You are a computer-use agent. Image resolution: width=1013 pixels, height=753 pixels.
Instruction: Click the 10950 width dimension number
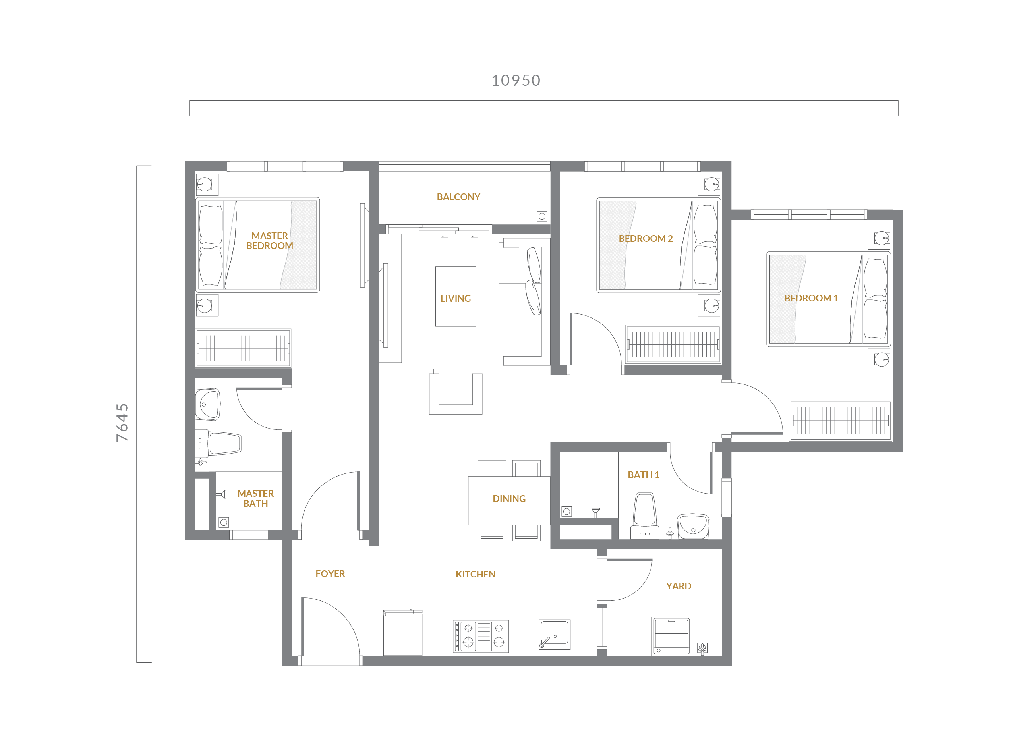[x=516, y=80]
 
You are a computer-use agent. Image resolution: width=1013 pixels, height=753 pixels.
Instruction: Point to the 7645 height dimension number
[x=122, y=422]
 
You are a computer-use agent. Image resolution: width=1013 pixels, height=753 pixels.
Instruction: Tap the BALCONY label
[x=458, y=197]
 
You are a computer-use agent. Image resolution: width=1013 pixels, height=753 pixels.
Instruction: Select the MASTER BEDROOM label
[x=269, y=241]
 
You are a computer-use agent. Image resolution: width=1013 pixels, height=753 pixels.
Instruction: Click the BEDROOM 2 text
[x=646, y=238]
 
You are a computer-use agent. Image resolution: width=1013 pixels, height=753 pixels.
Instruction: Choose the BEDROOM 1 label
[x=811, y=298]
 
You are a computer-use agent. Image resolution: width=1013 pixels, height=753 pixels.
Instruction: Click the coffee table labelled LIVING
[x=455, y=297]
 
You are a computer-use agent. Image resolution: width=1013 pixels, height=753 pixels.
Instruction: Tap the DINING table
[x=509, y=500]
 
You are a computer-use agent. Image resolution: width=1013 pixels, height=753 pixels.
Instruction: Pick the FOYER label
[x=330, y=574]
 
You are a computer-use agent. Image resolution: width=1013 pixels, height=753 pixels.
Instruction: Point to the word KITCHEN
[x=476, y=574]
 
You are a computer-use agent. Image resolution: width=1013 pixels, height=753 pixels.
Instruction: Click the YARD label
[x=679, y=586]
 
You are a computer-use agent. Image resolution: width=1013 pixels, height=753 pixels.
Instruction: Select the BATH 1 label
[x=643, y=475]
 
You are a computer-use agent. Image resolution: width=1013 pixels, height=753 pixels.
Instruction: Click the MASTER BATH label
[x=255, y=499]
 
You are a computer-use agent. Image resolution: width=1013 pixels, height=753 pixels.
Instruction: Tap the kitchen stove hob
[x=481, y=636]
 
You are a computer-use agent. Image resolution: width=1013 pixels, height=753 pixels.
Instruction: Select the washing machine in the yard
[x=671, y=636]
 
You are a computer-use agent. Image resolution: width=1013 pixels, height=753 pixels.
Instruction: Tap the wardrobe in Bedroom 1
[x=840, y=421]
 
